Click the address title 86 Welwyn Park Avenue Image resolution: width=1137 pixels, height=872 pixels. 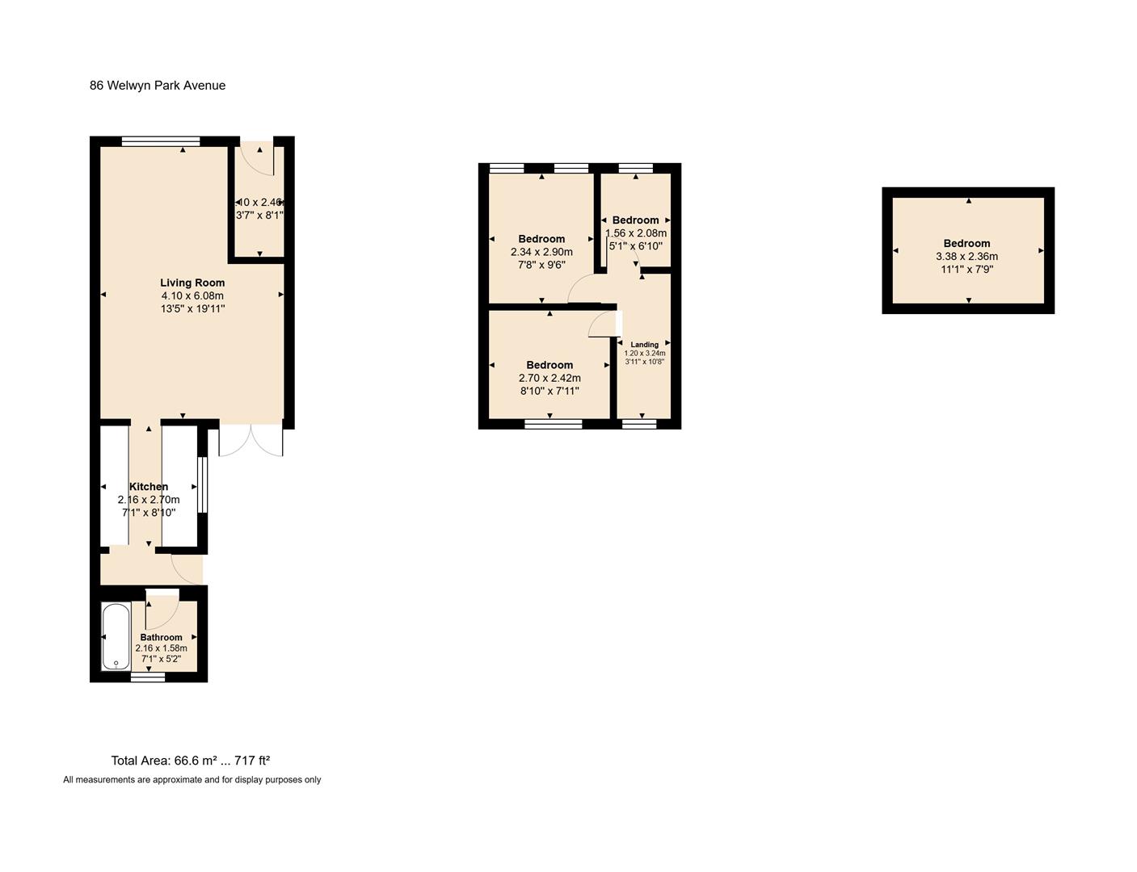pos(158,86)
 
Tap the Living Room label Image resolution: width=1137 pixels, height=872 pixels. pos(192,283)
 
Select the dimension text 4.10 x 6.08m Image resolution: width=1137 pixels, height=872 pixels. pos(192,296)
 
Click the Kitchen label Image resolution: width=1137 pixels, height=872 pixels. pos(149,487)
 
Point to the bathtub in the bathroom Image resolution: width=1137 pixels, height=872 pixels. pos(116,636)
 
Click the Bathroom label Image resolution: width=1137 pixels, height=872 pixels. pos(161,637)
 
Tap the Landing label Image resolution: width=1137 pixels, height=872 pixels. pos(644,345)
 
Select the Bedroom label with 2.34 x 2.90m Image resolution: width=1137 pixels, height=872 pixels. pos(541,239)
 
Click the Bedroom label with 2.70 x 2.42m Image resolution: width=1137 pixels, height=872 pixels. pos(550,365)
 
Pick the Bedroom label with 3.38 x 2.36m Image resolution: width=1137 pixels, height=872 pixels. pos(966,244)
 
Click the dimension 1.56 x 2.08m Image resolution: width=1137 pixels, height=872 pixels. pos(636,233)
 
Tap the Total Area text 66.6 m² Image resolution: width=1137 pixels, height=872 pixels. pos(191,761)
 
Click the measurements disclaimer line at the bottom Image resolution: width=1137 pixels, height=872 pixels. pos(192,780)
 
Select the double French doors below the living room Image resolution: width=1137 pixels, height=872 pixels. pos(251,440)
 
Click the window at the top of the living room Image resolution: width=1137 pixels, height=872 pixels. pos(161,142)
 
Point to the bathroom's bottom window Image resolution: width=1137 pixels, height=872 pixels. pos(148,677)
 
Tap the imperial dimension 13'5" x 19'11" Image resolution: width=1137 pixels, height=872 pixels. pos(192,308)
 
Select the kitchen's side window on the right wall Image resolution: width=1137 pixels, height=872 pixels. pos(203,485)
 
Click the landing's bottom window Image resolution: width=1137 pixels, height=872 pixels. pos(639,423)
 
